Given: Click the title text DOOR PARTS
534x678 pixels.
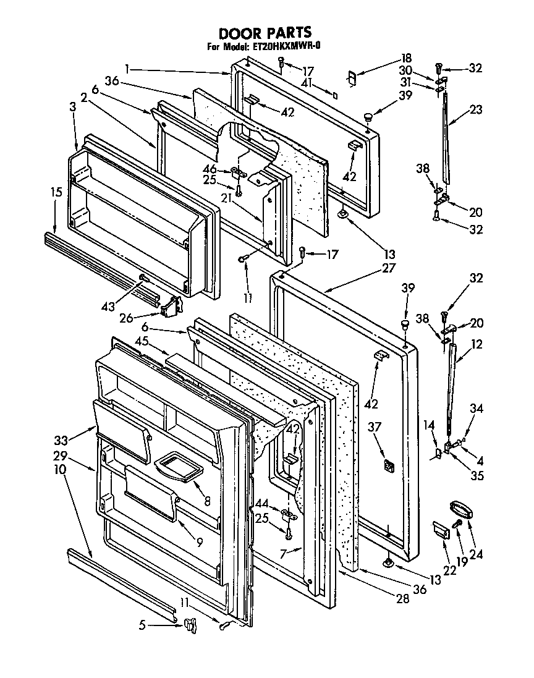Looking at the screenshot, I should pos(265,33).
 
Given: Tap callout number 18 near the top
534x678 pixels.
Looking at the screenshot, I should pos(407,59).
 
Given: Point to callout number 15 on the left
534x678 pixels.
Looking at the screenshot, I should pos(56,192).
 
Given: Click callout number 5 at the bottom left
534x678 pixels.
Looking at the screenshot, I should pos(143,625).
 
